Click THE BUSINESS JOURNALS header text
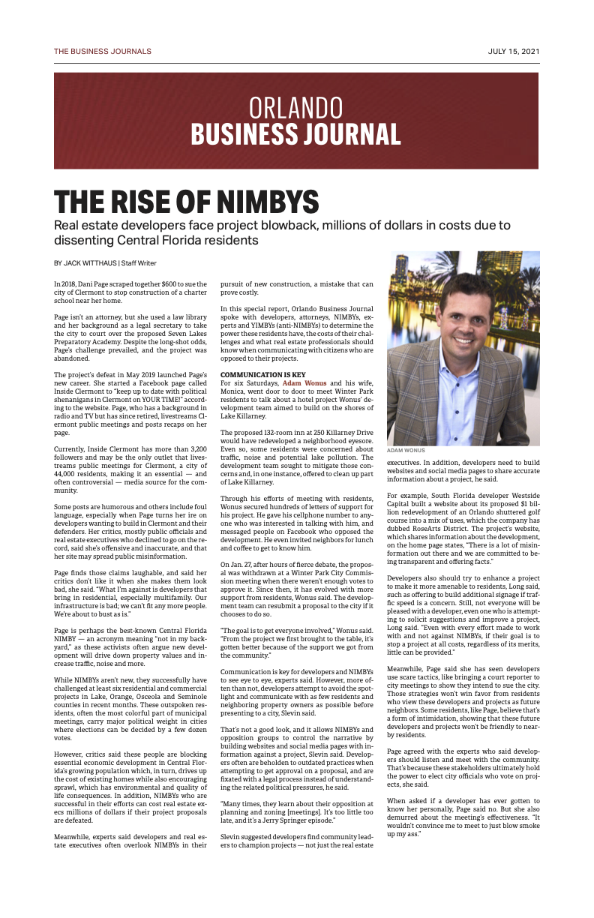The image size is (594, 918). click(102, 52)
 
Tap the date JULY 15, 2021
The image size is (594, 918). click(513, 52)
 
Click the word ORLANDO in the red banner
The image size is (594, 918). click(295, 109)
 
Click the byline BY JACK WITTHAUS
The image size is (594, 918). click(85, 262)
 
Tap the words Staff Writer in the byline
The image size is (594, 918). click(139, 262)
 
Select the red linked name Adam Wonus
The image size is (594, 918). click(305, 383)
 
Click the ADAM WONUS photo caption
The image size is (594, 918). click(405, 451)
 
